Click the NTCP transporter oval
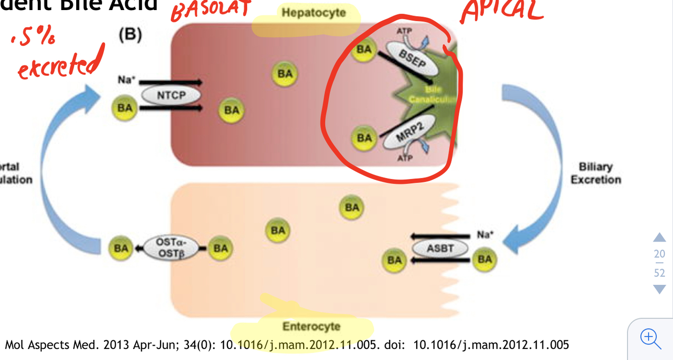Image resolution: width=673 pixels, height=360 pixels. (171, 95)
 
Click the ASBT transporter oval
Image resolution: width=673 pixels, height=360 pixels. (440, 248)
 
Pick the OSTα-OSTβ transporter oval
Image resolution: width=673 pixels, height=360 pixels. (171, 248)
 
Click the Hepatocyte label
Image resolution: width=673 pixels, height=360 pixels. (313, 13)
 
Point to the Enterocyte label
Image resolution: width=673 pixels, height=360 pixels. (311, 326)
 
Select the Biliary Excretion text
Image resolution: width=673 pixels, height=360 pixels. (595, 173)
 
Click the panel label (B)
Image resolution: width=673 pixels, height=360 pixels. (130, 35)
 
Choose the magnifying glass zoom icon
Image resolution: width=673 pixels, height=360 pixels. (650, 338)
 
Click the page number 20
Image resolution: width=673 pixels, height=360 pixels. (659, 254)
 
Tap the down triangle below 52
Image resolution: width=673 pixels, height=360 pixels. (659, 289)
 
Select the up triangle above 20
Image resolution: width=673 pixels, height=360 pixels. (659, 237)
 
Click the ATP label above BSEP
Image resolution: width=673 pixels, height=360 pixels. (404, 31)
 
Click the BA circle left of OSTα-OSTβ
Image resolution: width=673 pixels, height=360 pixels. (121, 248)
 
